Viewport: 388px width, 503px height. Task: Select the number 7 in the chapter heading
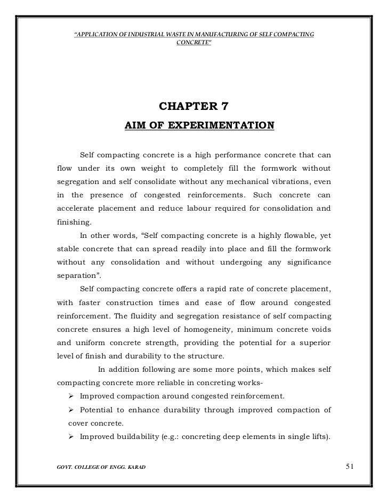point(224,106)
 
